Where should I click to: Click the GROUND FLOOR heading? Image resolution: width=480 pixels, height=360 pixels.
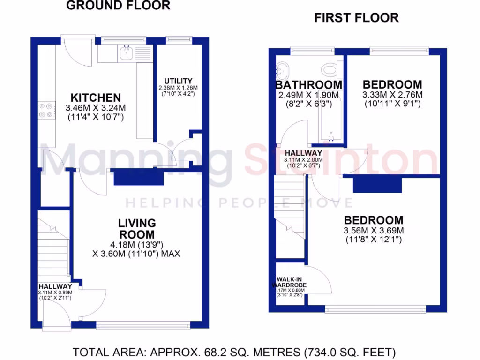pyautogui.click(x=118, y=6)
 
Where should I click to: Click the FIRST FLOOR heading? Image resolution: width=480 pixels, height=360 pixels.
pyautogui.click(x=356, y=18)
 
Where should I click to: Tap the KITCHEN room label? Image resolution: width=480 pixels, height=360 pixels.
pyautogui.click(x=96, y=98)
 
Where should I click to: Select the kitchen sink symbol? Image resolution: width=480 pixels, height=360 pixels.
pyautogui.click(x=127, y=53)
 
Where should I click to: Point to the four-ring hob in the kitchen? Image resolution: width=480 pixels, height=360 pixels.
pyautogui.click(x=46, y=110)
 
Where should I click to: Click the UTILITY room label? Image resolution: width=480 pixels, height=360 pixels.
pyautogui.click(x=178, y=81)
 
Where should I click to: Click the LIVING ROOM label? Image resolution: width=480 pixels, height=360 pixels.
pyautogui.click(x=136, y=228)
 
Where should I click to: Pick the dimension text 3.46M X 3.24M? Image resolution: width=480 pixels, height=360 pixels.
pyautogui.click(x=96, y=108)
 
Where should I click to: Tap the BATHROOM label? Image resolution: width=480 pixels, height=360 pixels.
pyautogui.click(x=308, y=85)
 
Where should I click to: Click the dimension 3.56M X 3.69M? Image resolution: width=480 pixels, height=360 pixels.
pyautogui.click(x=374, y=230)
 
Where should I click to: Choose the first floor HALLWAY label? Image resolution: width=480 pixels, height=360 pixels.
pyautogui.click(x=304, y=153)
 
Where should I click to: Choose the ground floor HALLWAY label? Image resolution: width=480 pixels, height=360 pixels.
pyautogui.click(x=55, y=286)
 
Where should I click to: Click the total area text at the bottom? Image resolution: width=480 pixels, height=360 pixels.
pyautogui.click(x=234, y=352)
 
